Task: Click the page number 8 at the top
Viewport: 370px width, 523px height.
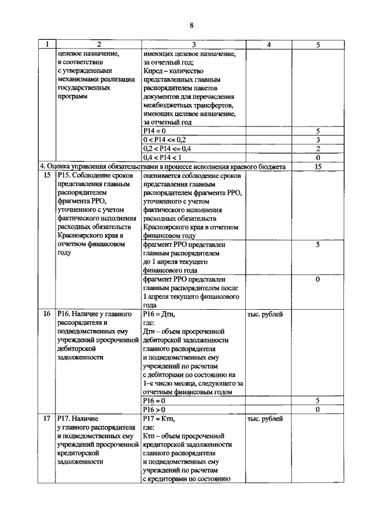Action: coord(191,25)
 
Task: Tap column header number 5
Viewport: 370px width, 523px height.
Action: coord(317,44)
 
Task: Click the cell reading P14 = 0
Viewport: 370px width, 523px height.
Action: coord(154,131)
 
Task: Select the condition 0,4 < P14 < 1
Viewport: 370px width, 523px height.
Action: coord(162,157)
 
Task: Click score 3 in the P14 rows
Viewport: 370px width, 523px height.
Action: coord(317,140)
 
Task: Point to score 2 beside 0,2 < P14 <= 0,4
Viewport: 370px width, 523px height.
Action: coord(317,149)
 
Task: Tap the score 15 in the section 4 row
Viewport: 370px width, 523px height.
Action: coord(317,166)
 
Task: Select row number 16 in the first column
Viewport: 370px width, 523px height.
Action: coord(47,314)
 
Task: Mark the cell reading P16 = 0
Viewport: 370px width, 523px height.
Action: coord(154,400)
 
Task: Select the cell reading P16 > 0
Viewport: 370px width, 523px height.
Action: coord(154,409)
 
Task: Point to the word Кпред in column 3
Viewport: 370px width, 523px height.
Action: coord(153,71)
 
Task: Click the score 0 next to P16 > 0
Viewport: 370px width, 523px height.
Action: coord(317,409)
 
